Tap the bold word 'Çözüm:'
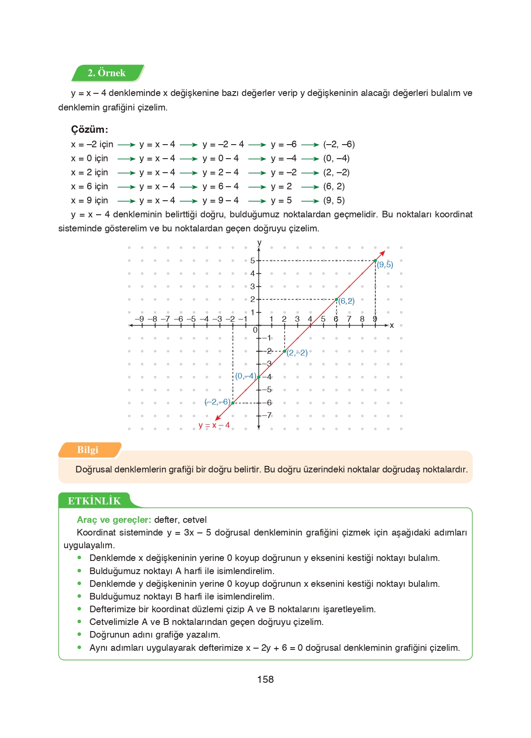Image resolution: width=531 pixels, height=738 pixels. click(89, 129)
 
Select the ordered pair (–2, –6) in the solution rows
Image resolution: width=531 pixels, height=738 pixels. click(339, 144)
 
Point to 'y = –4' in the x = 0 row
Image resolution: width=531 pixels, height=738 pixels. click(283, 158)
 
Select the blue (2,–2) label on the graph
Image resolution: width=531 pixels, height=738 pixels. click(297, 353)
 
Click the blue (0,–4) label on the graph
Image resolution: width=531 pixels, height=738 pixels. click(246, 376)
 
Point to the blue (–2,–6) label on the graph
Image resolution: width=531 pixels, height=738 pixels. click(217, 402)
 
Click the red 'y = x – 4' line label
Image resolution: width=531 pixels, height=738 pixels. click(214, 425)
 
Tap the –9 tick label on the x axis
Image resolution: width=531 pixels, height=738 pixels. click(139, 319)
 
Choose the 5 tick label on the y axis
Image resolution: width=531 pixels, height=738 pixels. click(253, 261)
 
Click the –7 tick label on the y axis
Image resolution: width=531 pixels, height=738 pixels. click(267, 415)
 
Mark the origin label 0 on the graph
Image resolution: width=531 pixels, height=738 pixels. click(255, 330)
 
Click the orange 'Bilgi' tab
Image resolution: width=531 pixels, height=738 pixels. click(88, 450)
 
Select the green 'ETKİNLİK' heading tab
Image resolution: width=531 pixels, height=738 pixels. click(94, 501)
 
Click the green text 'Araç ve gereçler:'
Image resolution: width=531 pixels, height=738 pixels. click(114, 520)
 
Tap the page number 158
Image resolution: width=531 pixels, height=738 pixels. click(265, 679)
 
